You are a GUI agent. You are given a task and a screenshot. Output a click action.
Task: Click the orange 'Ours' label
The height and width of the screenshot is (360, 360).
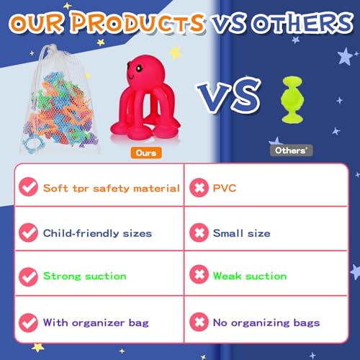[x=146, y=153]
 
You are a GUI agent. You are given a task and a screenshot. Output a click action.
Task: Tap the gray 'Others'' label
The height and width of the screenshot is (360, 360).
[x=292, y=150]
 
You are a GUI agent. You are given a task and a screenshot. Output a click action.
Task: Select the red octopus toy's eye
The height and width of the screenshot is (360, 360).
[x=139, y=68]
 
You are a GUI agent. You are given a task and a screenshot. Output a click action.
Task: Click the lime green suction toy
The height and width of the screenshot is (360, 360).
[x=292, y=99]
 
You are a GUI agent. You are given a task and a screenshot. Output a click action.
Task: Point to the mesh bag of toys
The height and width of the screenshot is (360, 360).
[x=60, y=101]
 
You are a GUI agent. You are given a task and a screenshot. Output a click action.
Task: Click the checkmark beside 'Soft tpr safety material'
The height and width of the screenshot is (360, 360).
[x=28, y=186]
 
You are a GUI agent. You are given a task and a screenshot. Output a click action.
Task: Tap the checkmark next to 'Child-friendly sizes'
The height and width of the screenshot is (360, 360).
[x=28, y=233]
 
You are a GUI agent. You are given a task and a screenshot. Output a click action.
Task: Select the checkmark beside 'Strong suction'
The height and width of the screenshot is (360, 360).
[x=28, y=276]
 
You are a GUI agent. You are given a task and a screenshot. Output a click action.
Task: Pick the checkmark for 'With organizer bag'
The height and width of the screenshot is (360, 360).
[x=28, y=323]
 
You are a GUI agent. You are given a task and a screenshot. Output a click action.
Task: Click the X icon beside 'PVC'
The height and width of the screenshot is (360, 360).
[x=199, y=187]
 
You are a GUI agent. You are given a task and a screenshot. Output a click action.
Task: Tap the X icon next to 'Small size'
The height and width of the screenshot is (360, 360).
[x=199, y=233]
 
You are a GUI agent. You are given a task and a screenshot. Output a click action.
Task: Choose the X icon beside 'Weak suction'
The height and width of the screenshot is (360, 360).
[x=199, y=274]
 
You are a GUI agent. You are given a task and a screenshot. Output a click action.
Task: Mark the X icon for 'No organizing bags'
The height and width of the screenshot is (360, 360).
[x=199, y=322]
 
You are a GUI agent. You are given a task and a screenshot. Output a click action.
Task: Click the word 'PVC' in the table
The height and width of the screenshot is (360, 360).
[x=225, y=188]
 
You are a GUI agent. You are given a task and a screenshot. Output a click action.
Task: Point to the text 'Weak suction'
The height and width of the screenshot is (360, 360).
[x=250, y=276]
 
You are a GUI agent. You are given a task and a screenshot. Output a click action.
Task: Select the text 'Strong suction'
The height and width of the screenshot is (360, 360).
[x=85, y=276]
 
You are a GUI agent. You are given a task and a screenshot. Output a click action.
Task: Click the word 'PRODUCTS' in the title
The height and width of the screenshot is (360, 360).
[x=138, y=22]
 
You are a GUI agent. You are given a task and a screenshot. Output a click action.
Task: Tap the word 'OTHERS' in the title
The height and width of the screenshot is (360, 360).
[x=303, y=23]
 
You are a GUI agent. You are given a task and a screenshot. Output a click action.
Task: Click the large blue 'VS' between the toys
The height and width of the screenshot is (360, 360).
[x=229, y=95]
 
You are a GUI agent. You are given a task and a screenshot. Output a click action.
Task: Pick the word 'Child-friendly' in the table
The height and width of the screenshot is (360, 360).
[x=81, y=233]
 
